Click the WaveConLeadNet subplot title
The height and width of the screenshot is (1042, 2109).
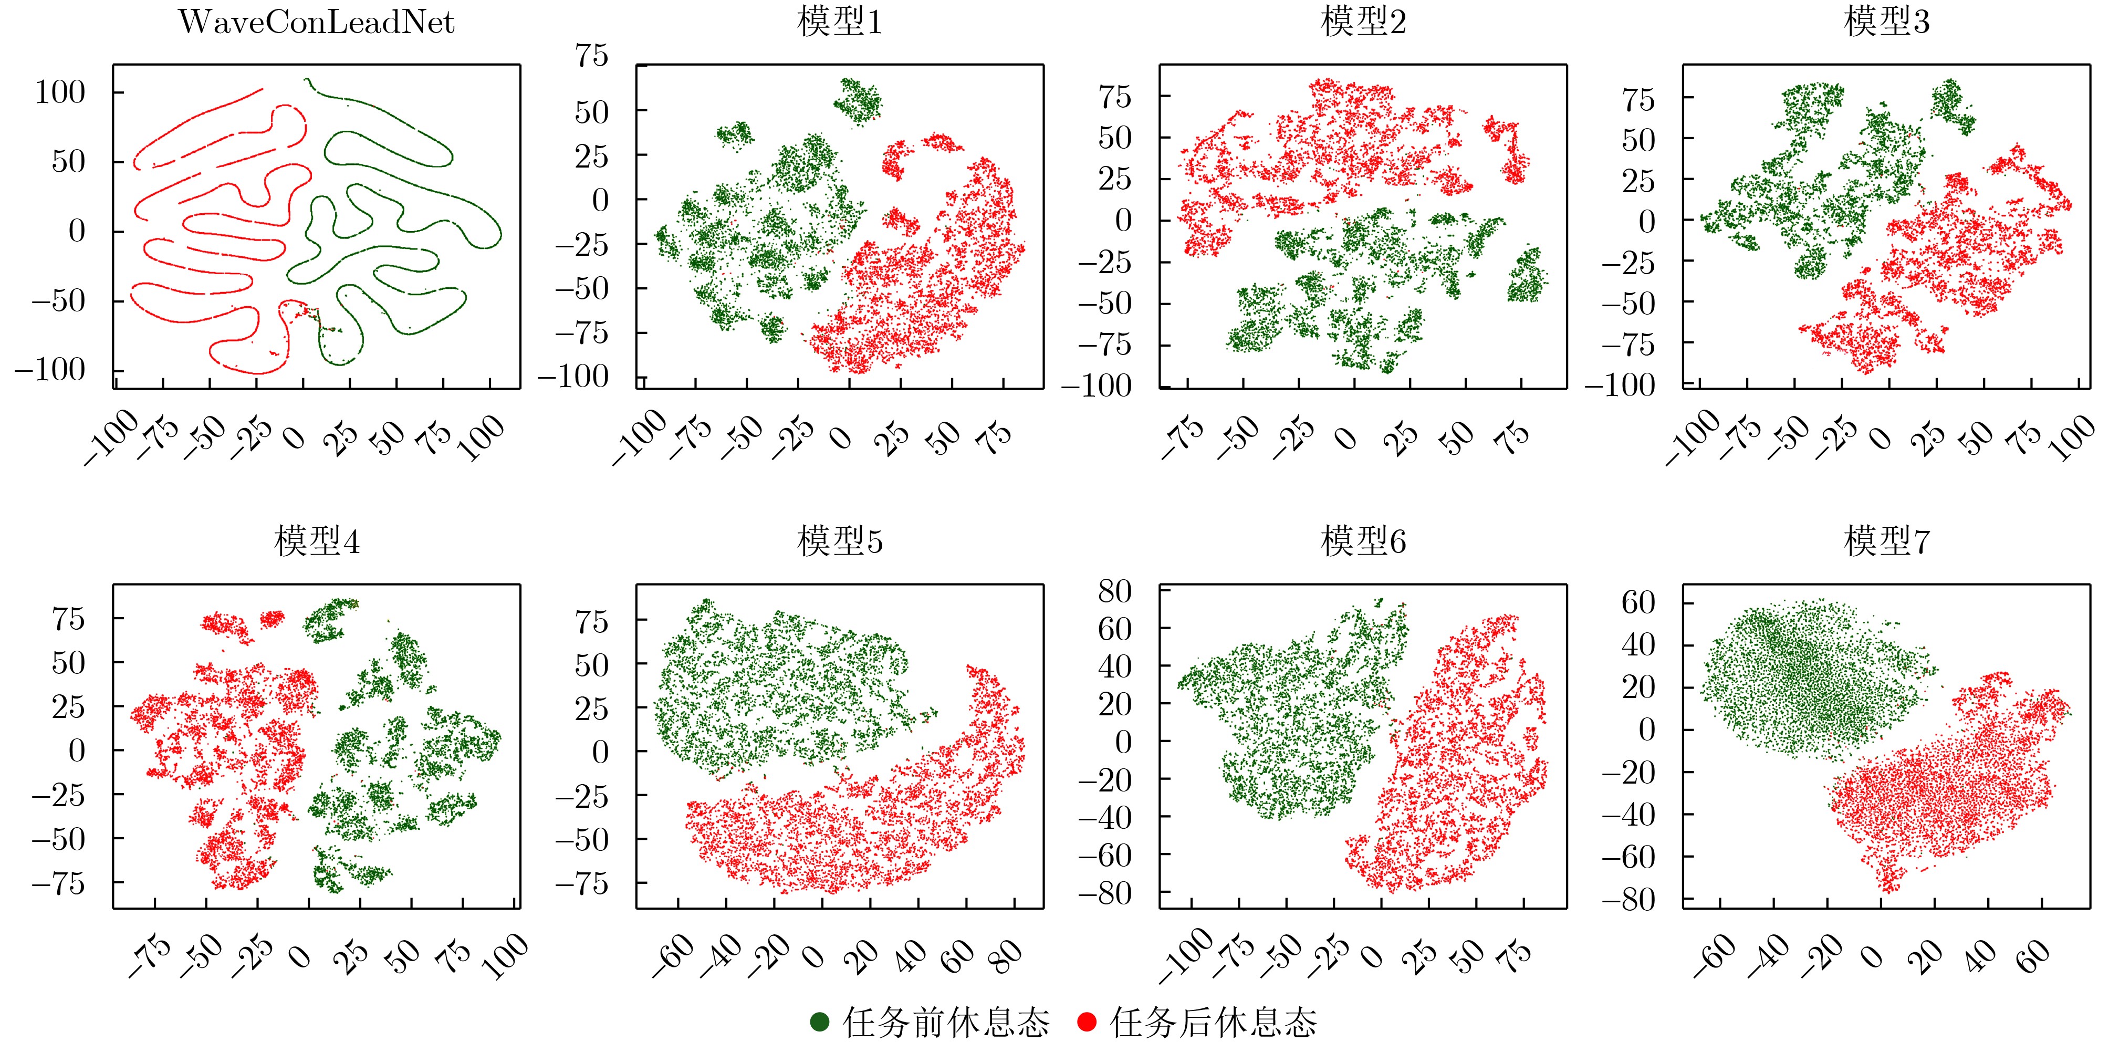pos(316,22)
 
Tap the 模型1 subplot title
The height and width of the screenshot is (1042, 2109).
pos(840,22)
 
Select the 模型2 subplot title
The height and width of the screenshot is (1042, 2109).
pos(1363,22)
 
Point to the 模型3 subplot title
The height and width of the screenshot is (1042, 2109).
pos(1886,22)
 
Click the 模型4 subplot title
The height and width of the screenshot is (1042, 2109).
pos(317,542)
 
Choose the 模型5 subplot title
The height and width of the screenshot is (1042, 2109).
pos(840,542)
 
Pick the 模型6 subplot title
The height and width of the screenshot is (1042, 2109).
pos(1363,542)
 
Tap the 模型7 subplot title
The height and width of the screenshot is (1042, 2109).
pos(1886,542)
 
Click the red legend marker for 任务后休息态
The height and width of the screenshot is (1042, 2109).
pos(1087,1022)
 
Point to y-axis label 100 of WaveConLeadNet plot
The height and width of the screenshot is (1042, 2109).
pos(60,92)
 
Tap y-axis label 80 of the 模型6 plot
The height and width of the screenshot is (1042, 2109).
pos(1114,591)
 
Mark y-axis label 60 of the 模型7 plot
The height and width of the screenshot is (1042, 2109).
pos(1638,602)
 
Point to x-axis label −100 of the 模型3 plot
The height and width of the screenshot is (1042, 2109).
pos(1692,438)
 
